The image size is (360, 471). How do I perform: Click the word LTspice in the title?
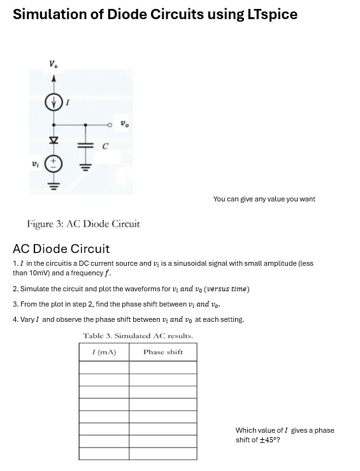268,14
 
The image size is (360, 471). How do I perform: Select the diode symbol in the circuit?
54,139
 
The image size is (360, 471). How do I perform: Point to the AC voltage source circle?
54,163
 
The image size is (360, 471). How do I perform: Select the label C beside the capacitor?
106,146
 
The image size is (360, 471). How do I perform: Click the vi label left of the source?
36,163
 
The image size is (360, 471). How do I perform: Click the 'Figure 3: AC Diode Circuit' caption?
83,224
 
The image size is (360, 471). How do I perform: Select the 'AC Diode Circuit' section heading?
61,249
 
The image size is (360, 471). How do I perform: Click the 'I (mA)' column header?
104,352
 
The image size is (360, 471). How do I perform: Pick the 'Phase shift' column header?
162,352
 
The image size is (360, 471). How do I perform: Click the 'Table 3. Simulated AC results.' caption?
138,336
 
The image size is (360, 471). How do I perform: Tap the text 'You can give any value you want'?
264,199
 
